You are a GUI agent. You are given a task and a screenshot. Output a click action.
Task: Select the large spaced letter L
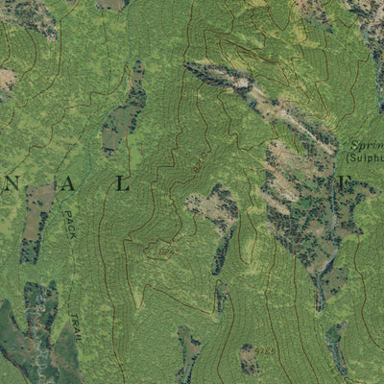(122, 183)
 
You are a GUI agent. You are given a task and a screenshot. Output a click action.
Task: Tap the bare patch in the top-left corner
(29, 13)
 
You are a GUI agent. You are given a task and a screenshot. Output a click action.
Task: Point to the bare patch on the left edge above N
(5, 82)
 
